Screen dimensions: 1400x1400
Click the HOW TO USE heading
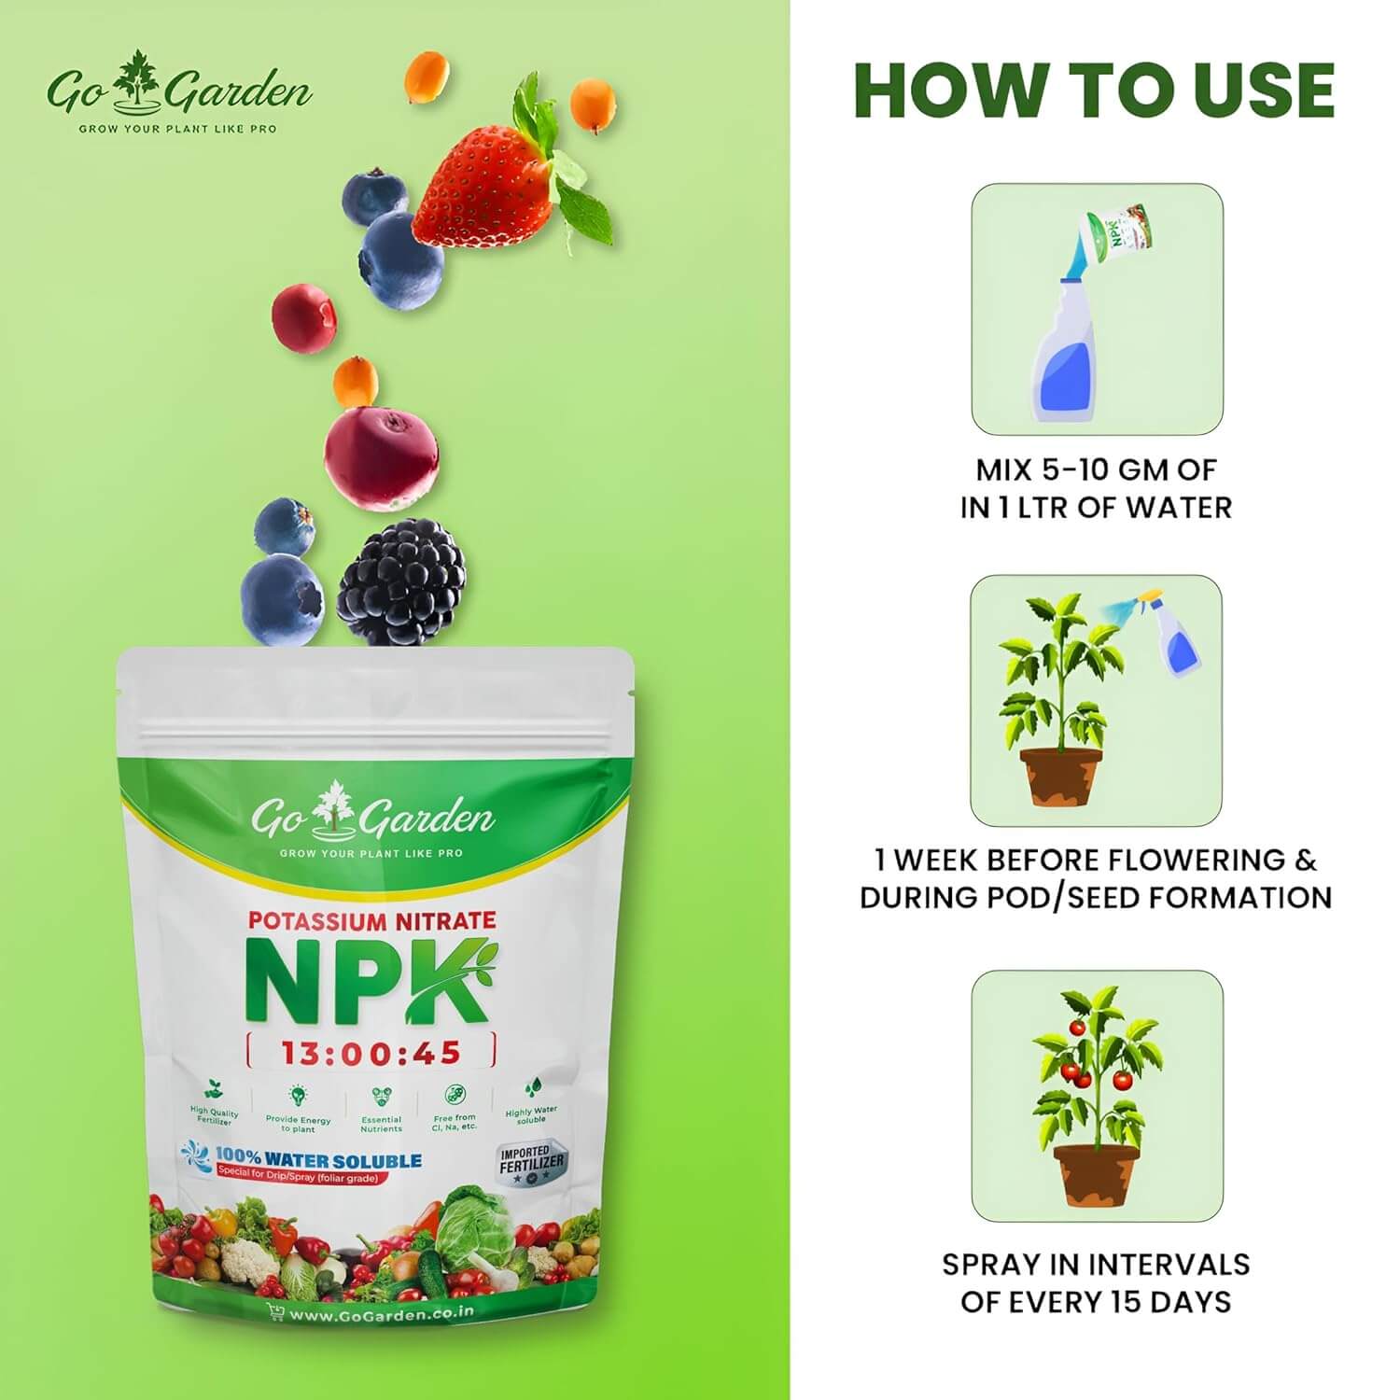pos(1094,90)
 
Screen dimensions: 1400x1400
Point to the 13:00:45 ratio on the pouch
pos(371,1053)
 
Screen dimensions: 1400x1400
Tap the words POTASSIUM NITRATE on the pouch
pos(371,920)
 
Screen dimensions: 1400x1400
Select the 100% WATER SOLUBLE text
pos(318,1161)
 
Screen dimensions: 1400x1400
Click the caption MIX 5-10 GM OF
pos(1096,469)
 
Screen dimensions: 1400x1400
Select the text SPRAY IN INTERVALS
pos(1096,1264)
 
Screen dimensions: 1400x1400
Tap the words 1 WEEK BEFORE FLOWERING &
pos(1096,859)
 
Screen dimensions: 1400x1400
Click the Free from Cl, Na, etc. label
pos(455,1122)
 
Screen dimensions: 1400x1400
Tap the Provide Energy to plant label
pos(298,1124)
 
